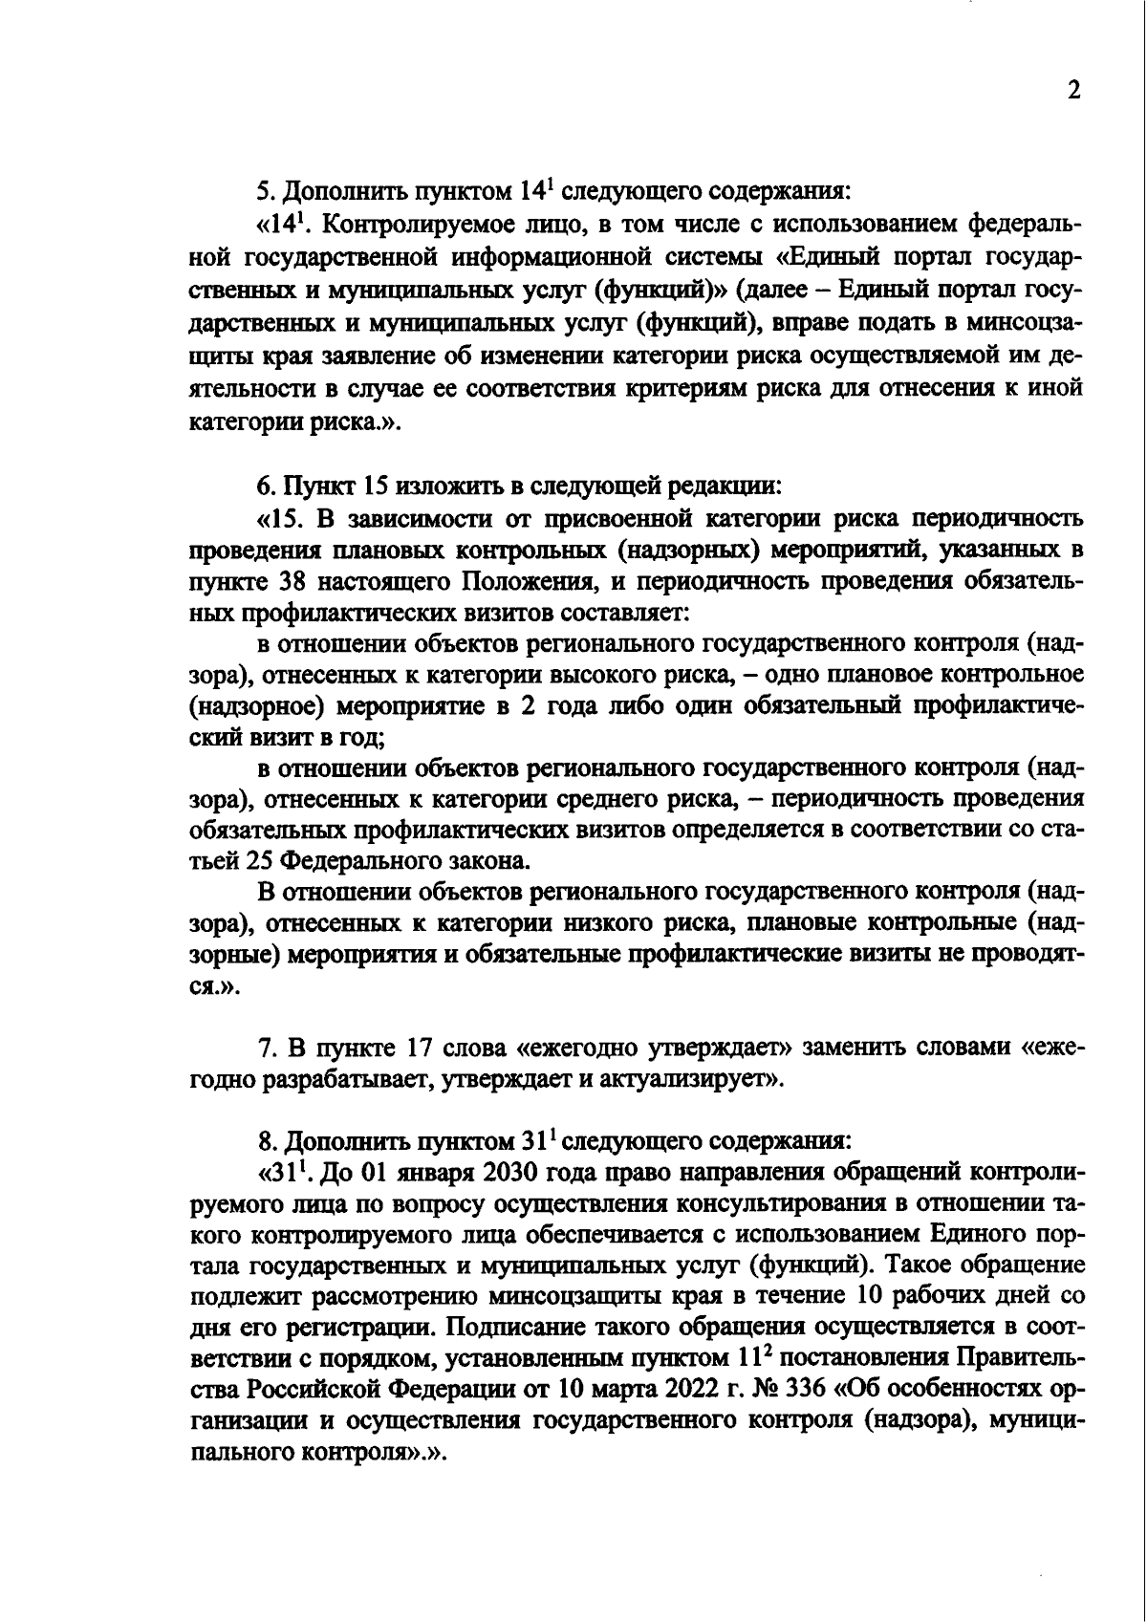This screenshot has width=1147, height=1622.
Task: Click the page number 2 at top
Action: pos(1073,91)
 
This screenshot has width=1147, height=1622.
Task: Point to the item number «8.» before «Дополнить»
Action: pos(268,1140)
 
